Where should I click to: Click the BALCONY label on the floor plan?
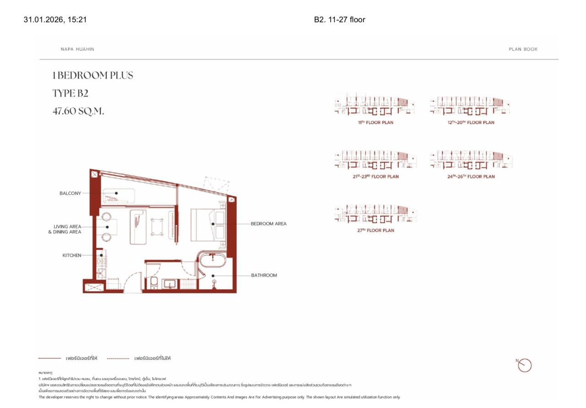(70, 193)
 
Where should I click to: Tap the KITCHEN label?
(72, 256)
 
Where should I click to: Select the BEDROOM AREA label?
(268, 224)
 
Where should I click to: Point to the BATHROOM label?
(264, 275)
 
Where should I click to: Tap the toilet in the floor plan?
(154, 283)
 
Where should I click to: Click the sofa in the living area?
(138, 227)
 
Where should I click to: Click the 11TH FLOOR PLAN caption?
(375, 123)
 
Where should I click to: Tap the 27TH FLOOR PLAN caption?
(375, 230)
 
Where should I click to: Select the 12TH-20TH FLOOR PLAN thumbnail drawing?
(471, 106)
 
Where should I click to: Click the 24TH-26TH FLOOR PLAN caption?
(471, 177)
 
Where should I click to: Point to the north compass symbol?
(525, 365)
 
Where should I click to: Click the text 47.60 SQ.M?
(78, 111)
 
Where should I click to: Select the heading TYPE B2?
(70, 93)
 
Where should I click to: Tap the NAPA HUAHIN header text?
(77, 49)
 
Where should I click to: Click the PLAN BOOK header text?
(523, 49)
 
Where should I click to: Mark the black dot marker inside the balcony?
(116, 193)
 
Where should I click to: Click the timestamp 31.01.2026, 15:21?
(55, 20)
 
